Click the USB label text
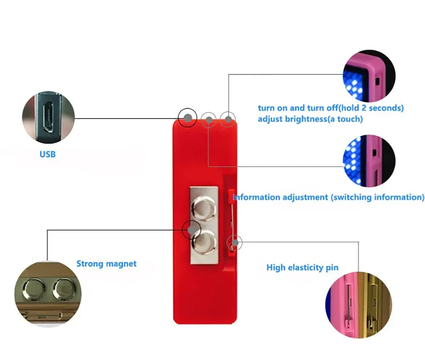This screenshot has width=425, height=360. click(x=48, y=154)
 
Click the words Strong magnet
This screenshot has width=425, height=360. click(x=107, y=264)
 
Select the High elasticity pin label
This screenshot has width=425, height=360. click(x=303, y=267)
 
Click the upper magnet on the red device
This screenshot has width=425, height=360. click(x=204, y=208)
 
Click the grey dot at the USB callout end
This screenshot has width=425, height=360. click(x=187, y=118)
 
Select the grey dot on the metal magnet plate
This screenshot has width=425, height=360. click(x=192, y=230)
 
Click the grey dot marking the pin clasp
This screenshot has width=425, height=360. click(x=235, y=243)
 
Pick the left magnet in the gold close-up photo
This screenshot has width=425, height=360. click(x=34, y=290)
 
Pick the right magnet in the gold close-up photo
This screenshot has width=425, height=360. click(x=64, y=290)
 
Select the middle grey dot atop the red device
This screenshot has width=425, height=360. click(x=209, y=120)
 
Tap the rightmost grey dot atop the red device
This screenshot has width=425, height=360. click(x=229, y=119)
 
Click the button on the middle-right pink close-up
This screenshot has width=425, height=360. click(x=374, y=153)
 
